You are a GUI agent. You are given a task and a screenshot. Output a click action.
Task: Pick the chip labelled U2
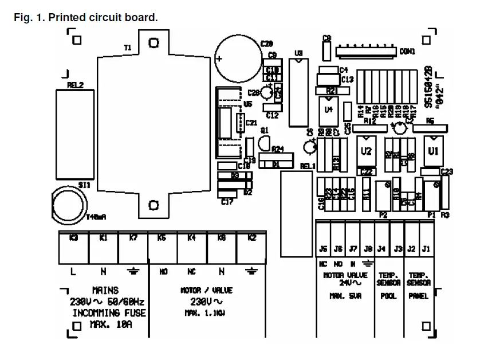(x=367, y=151)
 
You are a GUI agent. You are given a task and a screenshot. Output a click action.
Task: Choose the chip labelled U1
(x=433, y=151)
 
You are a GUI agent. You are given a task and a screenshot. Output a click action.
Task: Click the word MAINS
(x=105, y=291)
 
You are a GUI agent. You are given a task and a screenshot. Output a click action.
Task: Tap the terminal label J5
(x=324, y=249)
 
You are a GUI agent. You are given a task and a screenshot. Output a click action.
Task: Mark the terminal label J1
(x=426, y=249)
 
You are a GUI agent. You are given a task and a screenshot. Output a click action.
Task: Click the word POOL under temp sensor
(x=388, y=296)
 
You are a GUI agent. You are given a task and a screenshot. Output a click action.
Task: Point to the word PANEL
(x=418, y=296)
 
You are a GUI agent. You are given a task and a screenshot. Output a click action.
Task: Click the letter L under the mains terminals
(x=73, y=272)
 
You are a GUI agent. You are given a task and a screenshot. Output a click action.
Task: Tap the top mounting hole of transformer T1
(x=153, y=43)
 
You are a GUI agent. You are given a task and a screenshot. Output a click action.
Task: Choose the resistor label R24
(x=278, y=149)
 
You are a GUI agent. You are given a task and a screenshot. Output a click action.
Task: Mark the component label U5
(x=247, y=104)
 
